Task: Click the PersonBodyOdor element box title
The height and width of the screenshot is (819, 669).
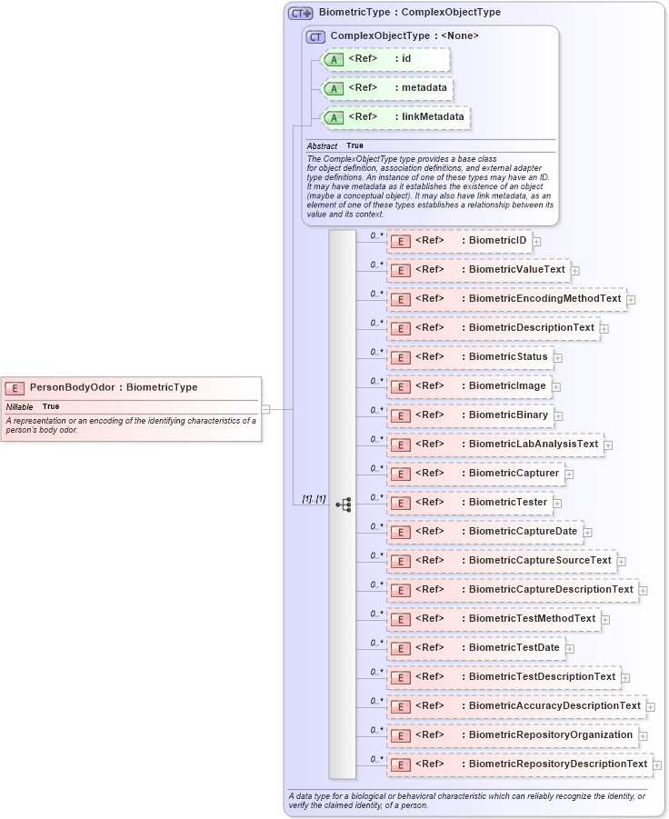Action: click(113, 387)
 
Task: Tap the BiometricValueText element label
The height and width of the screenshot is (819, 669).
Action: click(516, 270)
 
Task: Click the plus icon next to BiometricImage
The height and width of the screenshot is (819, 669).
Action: click(556, 387)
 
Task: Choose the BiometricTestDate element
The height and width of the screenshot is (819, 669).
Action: click(475, 647)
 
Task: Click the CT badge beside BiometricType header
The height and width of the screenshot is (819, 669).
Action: click(301, 14)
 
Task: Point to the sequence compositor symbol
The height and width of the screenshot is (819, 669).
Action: click(343, 504)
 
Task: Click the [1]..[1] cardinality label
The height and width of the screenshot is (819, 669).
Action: click(315, 500)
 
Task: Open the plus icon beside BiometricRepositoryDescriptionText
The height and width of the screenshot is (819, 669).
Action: click(657, 765)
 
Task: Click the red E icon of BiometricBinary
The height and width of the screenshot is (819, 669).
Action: click(400, 416)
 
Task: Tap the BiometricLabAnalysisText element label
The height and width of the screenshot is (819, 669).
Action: click(533, 444)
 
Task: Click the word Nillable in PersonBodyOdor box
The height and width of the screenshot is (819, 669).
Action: click(19, 406)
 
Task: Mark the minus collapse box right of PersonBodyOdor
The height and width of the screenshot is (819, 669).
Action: click(266, 409)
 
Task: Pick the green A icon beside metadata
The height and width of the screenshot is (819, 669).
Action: click(334, 89)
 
